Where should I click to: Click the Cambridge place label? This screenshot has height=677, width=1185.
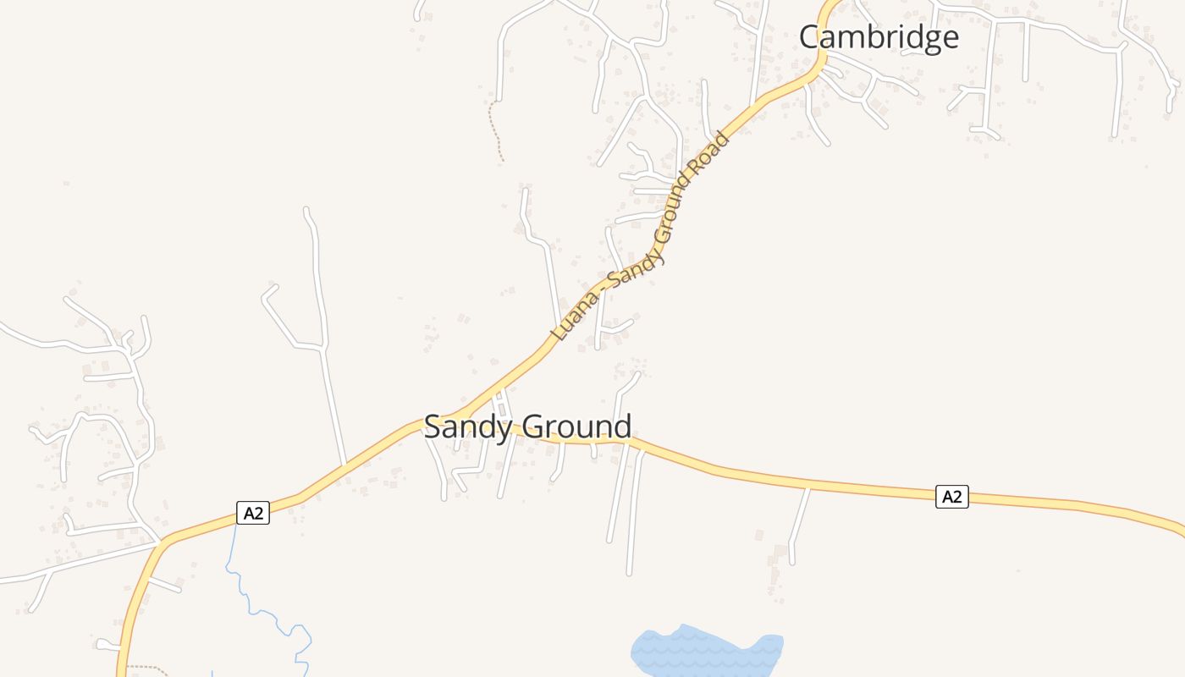879,37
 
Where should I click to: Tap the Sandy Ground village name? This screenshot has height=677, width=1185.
527,427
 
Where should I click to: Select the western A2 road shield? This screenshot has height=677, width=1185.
252,512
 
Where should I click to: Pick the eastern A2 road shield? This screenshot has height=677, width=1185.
951,497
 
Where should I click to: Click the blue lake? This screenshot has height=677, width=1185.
707,652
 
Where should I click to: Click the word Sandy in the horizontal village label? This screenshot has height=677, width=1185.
467,427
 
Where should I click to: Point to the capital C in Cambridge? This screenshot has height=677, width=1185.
811,37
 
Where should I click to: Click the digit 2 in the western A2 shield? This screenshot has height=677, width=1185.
259,512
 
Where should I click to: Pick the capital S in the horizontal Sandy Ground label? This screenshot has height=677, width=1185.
433,427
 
